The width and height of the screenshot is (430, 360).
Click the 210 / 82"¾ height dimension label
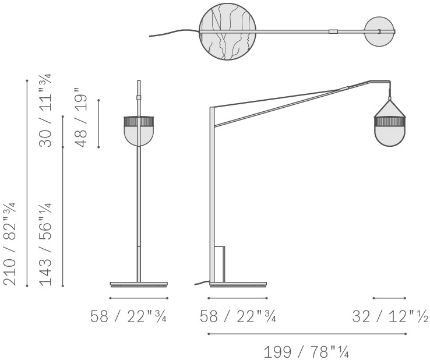[9, 243]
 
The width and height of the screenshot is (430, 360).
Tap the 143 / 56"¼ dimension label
[45, 244]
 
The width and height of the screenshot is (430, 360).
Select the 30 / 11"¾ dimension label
[45, 111]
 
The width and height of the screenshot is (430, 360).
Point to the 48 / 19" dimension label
[80, 117]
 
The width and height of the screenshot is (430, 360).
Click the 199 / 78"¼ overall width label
[306, 351]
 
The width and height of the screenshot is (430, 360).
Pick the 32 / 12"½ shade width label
[390, 316]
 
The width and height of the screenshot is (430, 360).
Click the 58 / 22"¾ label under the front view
[128, 316]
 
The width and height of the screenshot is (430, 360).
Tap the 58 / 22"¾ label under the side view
[238, 316]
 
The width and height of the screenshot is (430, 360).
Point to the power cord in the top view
[174, 33]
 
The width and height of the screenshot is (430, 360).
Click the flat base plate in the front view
[139, 284]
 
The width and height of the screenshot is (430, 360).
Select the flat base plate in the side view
[238, 284]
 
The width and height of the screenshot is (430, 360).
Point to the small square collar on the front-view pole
[139, 97]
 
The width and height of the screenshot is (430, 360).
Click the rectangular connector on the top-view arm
[333, 31]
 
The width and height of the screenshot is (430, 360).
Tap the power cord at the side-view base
[202, 283]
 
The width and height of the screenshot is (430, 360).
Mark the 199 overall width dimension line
[307, 334]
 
